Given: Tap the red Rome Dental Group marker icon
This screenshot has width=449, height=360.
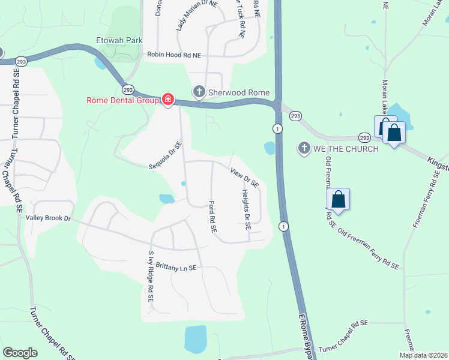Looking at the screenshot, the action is click(x=168, y=100).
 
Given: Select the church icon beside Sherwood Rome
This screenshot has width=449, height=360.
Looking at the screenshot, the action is click(x=198, y=92).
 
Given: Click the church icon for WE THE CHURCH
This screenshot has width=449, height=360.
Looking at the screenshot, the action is click(x=304, y=148).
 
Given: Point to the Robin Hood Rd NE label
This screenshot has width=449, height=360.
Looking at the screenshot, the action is click(x=173, y=55).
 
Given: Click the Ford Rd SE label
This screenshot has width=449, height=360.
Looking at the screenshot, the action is click(x=212, y=217).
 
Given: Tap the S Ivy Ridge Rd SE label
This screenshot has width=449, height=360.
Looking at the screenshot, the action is click(x=151, y=276).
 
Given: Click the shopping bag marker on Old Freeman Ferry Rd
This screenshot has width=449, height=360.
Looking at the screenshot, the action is click(x=339, y=199).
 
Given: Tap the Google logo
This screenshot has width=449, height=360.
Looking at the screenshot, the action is click(x=20, y=353).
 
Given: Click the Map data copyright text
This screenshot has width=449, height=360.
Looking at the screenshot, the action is click(x=423, y=355).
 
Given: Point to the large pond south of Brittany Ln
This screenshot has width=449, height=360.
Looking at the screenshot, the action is click(x=195, y=340).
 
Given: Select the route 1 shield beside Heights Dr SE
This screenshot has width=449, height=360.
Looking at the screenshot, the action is click(x=284, y=226).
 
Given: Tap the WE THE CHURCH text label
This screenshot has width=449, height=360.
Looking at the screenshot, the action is click(x=345, y=148).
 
